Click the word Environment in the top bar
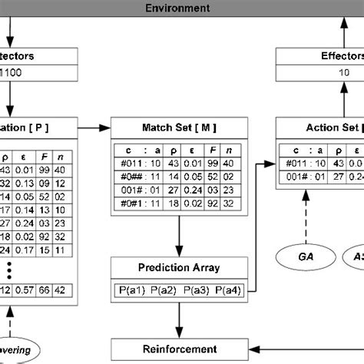(x=181, y=8)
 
